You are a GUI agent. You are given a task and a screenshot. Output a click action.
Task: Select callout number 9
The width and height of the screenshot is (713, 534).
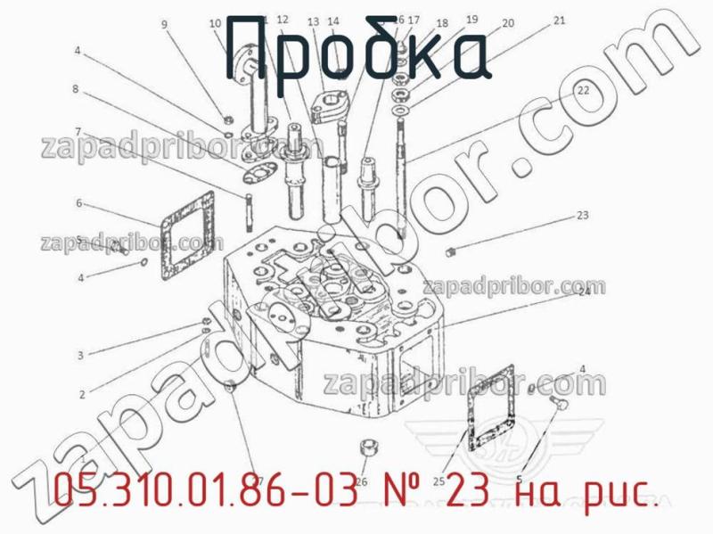point(164,24)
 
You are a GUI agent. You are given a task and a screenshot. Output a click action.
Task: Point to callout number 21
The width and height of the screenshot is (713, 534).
point(559,20)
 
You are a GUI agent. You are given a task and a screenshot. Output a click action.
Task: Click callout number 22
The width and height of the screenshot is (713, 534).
point(582,90)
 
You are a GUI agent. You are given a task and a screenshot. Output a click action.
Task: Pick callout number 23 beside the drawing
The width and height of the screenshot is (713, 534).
point(582,215)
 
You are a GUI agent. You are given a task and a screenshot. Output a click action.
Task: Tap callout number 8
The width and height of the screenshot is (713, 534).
point(76,89)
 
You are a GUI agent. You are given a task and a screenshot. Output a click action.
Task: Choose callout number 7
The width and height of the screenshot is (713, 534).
point(78,131)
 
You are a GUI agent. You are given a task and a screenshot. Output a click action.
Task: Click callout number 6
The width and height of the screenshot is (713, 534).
point(78,203)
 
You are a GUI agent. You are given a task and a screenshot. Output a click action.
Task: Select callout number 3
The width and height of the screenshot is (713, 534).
point(80,356)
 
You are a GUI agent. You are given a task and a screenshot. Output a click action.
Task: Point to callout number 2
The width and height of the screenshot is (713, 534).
point(82,393)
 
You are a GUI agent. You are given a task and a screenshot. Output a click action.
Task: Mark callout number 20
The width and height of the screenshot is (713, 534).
point(508,24)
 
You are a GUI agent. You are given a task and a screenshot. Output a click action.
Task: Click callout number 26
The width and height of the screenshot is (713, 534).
point(361,481)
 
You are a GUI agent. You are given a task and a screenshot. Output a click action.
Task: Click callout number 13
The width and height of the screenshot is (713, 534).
point(313,21)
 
